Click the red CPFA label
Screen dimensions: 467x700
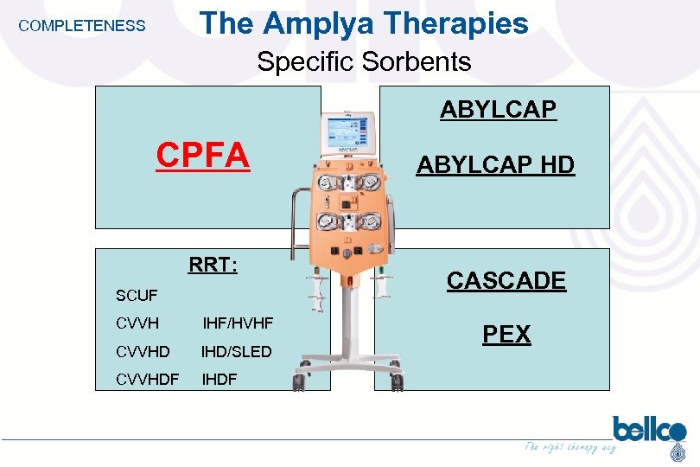pyautogui.click(x=203, y=156)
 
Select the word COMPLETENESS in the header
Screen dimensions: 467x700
pyautogui.click(x=82, y=26)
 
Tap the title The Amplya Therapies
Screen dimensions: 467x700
pyautogui.click(x=364, y=23)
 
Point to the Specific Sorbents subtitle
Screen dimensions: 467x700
pyautogui.click(x=364, y=62)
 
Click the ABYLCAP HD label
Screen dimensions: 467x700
pyautogui.click(x=495, y=165)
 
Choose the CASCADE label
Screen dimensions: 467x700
pyautogui.click(x=506, y=280)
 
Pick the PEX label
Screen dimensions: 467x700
pyautogui.click(x=506, y=334)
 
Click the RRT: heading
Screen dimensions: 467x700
pyautogui.click(x=213, y=265)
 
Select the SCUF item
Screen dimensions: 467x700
pyautogui.click(x=137, y=296)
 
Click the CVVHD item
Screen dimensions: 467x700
pyautogui.click(x=143, y=351)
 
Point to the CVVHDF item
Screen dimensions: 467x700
pyautogui.click(x=147, y=379)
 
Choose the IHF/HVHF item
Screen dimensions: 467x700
pyautogui.click(x=238, y=323)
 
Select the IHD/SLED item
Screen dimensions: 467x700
pyautogui.click(x=236, y=351)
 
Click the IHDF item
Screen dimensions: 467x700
pyautogui.click(x=219, y=379)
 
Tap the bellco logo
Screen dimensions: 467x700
pyautogui.click(x=649, y=431)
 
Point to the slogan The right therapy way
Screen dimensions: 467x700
pyautogui.click(x=570, y=447)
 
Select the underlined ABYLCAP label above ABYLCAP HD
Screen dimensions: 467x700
pyautogui.click(x=498, y=110)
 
